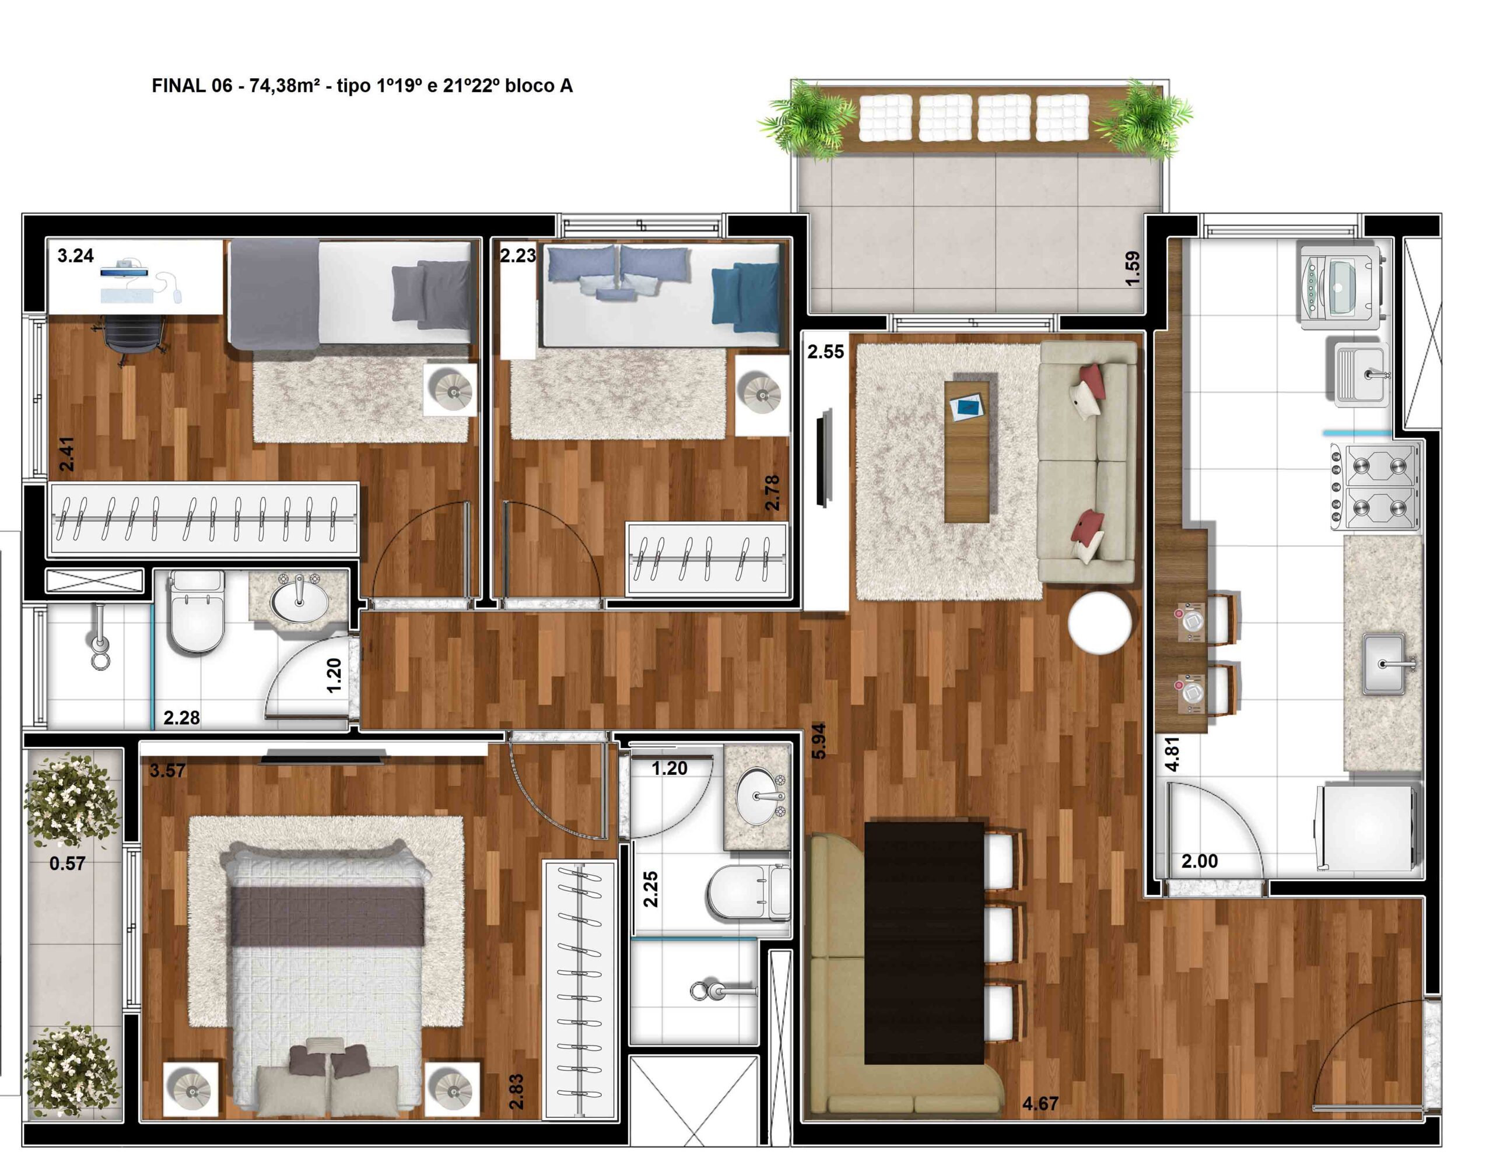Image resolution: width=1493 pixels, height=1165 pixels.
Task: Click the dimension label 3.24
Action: (75, 255)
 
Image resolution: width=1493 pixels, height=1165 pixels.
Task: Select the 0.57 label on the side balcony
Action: (67, 863)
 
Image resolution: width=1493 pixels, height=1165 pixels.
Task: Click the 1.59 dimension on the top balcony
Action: (1132, 269)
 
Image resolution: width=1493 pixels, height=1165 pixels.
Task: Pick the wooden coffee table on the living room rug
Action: (966, 452)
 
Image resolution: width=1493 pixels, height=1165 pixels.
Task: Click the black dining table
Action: (924, 943)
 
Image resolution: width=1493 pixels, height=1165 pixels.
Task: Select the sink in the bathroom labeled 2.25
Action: (759, 796)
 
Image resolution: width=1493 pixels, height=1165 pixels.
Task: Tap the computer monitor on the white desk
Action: (124, 271)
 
